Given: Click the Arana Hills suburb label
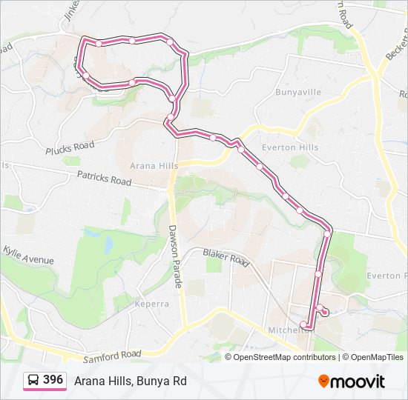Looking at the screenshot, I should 154,166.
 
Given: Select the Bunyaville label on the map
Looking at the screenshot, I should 297,93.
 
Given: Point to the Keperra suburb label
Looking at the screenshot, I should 153,304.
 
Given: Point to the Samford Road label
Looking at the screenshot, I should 112,356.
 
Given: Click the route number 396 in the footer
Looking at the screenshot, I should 53,380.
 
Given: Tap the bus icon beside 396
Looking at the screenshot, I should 33,381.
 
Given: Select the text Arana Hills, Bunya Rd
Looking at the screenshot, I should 130,381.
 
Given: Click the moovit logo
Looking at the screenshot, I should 352,381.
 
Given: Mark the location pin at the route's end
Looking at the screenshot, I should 325,311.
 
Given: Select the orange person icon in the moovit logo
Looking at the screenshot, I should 324,381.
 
